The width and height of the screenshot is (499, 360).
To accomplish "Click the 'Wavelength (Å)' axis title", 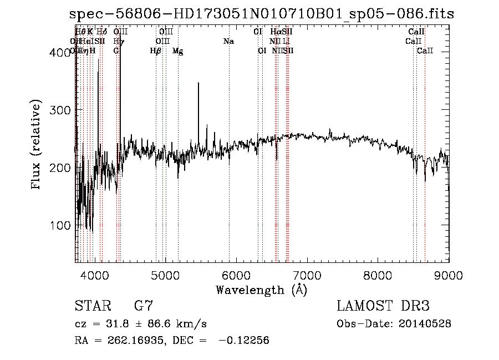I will tap(261, 290).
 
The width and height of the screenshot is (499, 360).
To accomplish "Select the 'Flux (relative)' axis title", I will tap(37, 145).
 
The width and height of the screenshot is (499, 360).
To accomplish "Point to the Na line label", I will tap(228, 42).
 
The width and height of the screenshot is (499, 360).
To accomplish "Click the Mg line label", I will tap(177, 51).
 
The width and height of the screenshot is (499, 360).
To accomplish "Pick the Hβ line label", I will tap(156, 51).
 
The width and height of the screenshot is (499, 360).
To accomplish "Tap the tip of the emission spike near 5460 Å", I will tap(198, 83).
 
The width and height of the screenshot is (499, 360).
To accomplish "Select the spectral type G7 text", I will tap(143, 306).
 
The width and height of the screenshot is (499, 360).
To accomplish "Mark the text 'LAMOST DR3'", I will tap(383, 306).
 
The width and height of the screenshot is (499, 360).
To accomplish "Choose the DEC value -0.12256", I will tap(244, 341).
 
